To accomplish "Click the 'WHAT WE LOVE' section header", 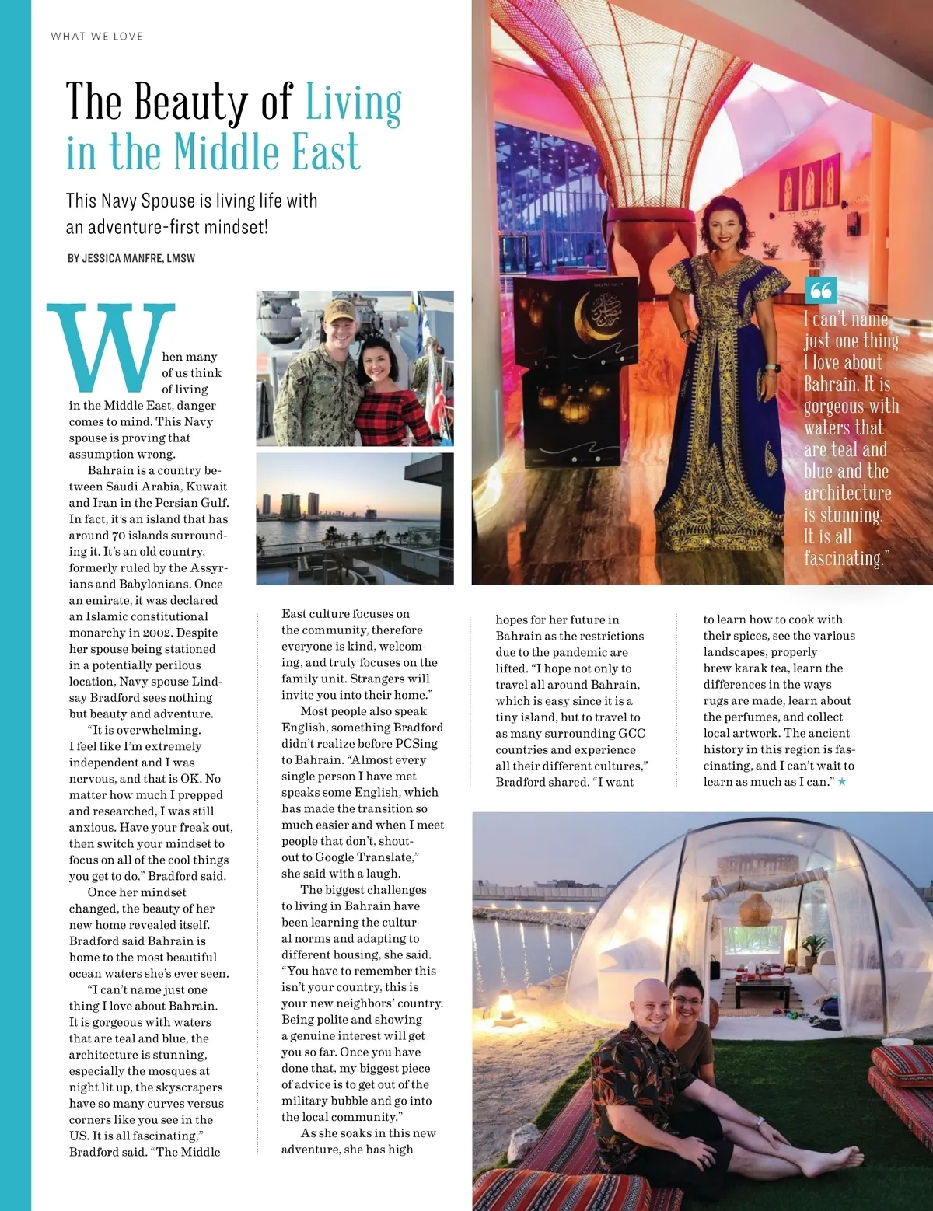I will pos(97,36).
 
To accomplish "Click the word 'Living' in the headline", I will pos(354,103).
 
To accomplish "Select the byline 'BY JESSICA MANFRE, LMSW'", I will pos(131,258).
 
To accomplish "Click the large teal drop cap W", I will pos(111,347).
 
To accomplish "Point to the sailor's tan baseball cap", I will pos(340,311).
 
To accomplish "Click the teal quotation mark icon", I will pos(821,291).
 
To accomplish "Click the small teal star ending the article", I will pos(842,782).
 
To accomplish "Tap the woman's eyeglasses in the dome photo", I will pos(687,1000).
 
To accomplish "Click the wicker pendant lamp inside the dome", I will pos(753,909).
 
